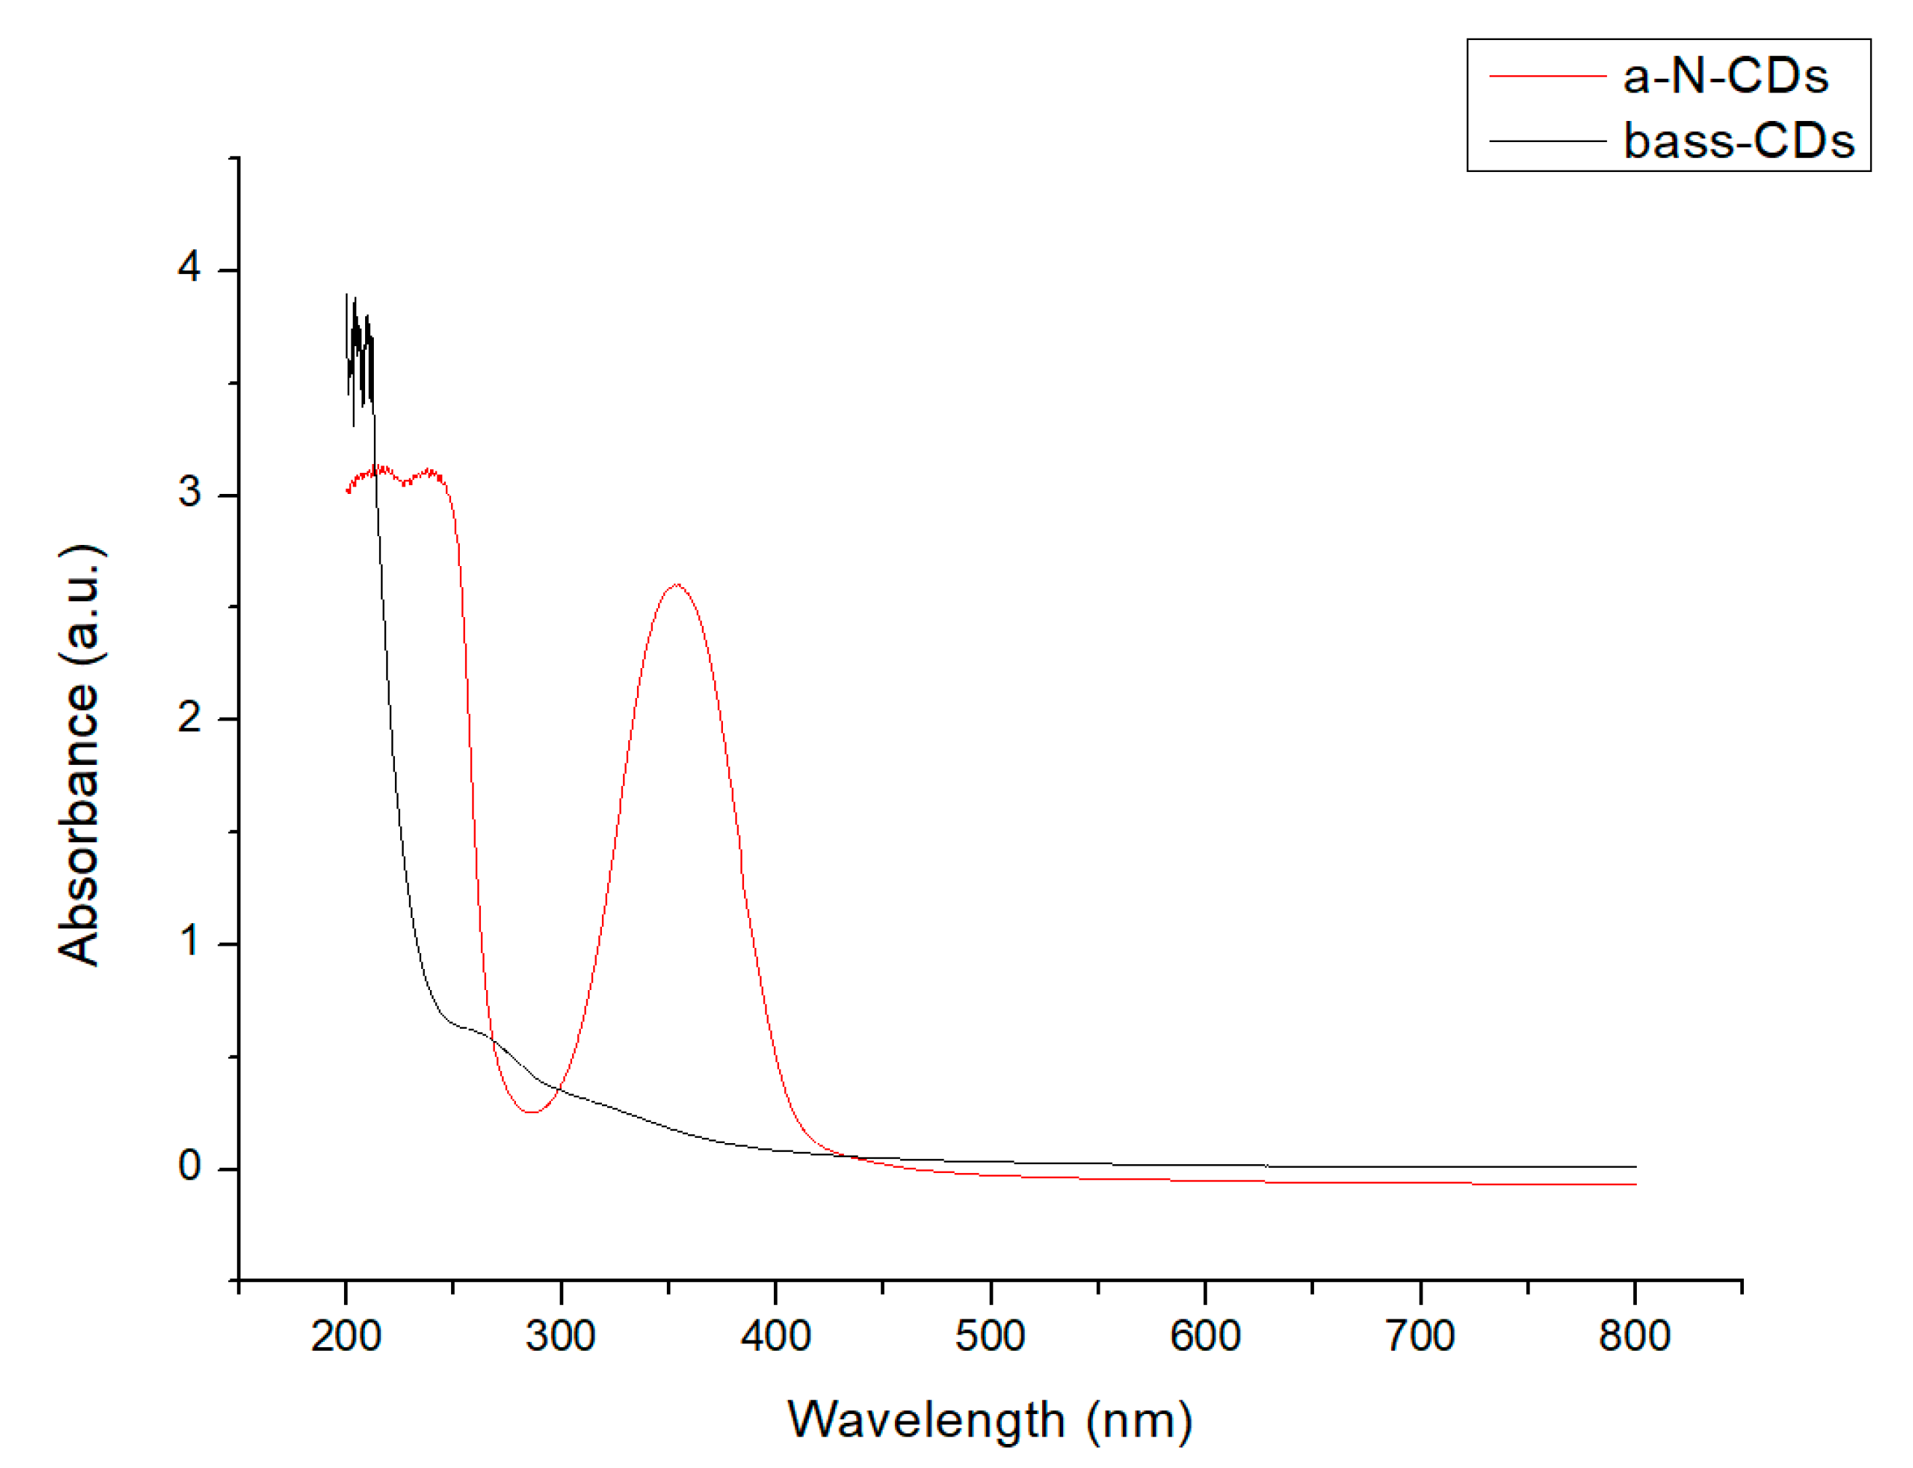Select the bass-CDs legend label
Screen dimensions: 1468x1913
[x=1738, y=141]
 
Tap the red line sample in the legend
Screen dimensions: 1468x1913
[x=1547, y=77]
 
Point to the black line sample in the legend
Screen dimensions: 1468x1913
[x=1547, y=141]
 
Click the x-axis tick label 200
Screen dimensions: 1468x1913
[x=346, y=1336]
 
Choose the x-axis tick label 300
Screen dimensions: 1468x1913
[x=560, y=1336]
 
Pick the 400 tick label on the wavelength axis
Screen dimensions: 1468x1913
[x=775, y=1336]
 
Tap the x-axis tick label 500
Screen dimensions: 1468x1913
[x=990, y=1336]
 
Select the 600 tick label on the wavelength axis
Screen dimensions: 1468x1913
[x=1205, y=1336]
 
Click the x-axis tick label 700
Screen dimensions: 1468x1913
[x=1420, y=1336]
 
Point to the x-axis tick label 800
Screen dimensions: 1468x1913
[x=1634, y=1336]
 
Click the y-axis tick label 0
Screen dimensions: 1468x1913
[x=189, y=1166]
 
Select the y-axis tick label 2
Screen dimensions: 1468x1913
[x=189, y=718]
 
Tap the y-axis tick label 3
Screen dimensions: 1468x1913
[x=189, y=492]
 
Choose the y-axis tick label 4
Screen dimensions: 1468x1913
[x=189, y=267]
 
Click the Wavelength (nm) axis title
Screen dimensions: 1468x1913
[x=990, y=1420]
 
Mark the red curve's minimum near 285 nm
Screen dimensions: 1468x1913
[x=531, y=1112]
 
